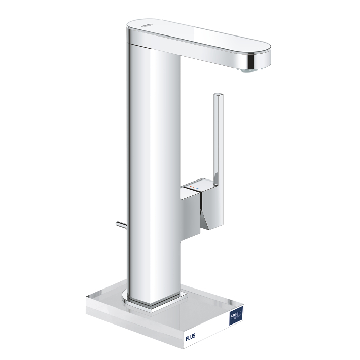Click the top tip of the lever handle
pos(218,95)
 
